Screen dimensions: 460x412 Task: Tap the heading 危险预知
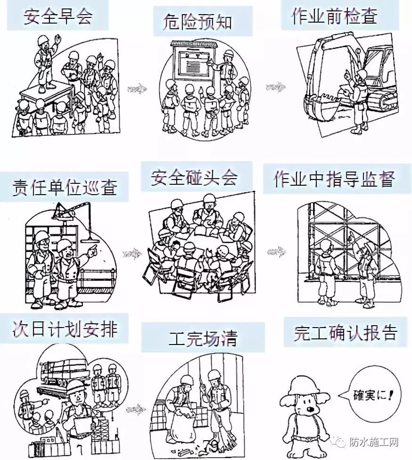pyautogui.click(x=198, y=22)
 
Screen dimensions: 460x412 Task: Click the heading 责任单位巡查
pyautogui.click(x=64, y=187)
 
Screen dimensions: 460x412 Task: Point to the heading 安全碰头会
pyautogui.click(x=194, y=178)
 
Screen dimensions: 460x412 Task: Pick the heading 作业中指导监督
pyautogui.click(x=334, y=179)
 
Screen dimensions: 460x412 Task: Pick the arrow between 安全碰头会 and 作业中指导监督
pyautogui.click(x=275, y=251)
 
